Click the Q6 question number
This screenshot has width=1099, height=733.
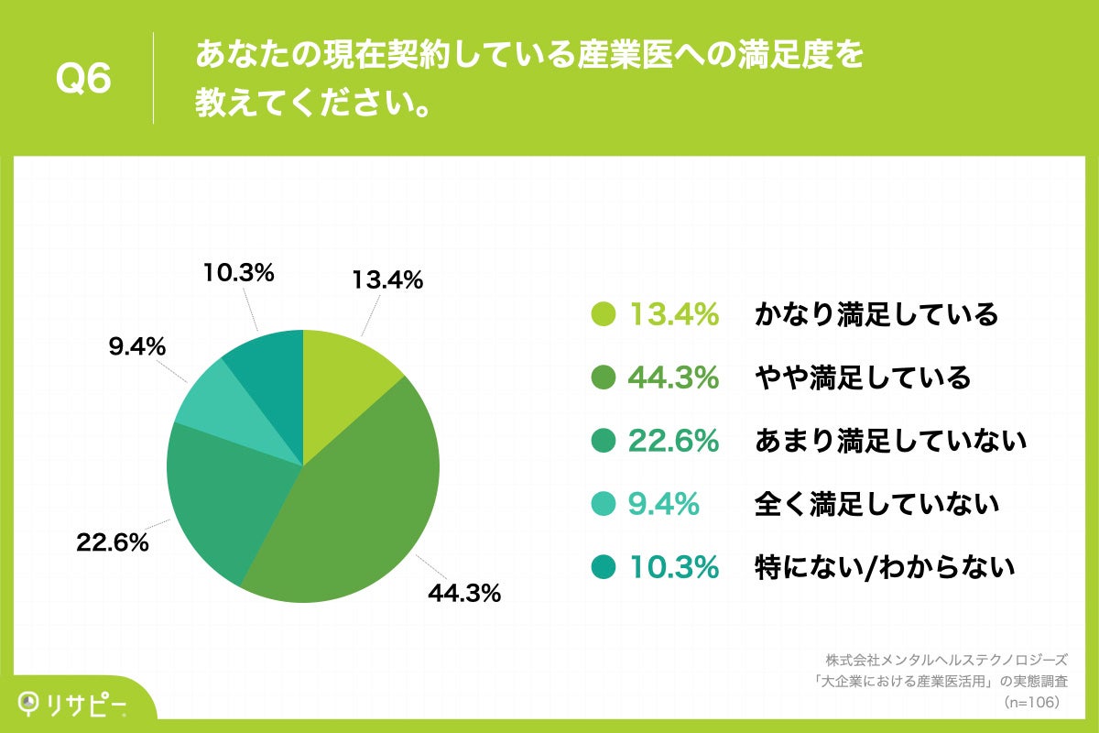tap(83, 79)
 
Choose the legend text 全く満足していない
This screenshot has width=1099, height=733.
tap(876, 504)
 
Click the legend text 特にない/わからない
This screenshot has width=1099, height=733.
tap(885, 567)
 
